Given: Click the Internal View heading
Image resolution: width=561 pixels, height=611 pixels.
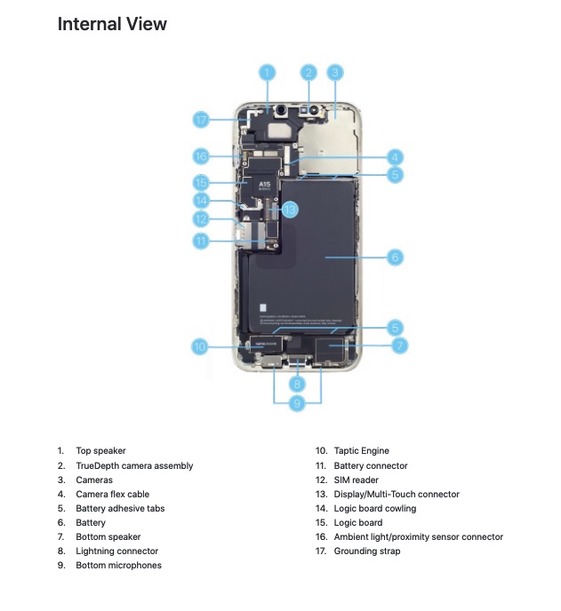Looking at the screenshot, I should click(x=112, y=24).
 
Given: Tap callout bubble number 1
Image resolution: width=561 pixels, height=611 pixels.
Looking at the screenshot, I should click(x=268, y=72).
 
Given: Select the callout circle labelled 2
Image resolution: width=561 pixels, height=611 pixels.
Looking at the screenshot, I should click(x=309, y=72).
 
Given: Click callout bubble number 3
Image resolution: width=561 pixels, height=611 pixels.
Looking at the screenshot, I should click(x=335, y=72).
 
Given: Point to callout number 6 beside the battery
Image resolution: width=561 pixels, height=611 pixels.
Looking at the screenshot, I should click(x=396, y=258).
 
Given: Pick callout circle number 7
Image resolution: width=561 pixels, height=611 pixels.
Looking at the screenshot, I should click(x=399, y=345).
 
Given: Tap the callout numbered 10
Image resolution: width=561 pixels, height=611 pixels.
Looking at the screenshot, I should click(x=200, y=346).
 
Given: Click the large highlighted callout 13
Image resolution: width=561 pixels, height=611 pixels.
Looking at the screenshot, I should click(x=289, y=210).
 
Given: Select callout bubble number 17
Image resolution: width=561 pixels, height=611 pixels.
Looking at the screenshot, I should click(x=202, y=119).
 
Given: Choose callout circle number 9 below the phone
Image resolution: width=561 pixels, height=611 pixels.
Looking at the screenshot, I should click(x=298, y=403).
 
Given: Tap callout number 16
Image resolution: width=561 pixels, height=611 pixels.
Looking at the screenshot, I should click(x=202, y=156).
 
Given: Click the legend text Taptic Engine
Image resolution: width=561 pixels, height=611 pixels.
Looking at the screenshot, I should click(x=361, y=451).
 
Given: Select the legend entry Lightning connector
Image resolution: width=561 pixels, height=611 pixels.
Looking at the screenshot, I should click(x=116, y=551).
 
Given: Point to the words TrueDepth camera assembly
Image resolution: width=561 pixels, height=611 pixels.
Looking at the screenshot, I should click(x=134, y=465).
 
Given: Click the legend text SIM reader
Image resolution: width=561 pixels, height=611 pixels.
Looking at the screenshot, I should click(x=356, y=480).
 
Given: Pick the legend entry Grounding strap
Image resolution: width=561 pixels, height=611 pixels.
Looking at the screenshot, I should click(x=366, y=551).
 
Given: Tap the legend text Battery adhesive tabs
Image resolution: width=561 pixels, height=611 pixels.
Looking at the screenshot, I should click(x=120, y=508).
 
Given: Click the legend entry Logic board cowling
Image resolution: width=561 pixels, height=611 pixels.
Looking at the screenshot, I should click(x=374, y=508).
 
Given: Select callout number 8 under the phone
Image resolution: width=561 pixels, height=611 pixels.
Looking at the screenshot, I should click(x=298, y=384).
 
